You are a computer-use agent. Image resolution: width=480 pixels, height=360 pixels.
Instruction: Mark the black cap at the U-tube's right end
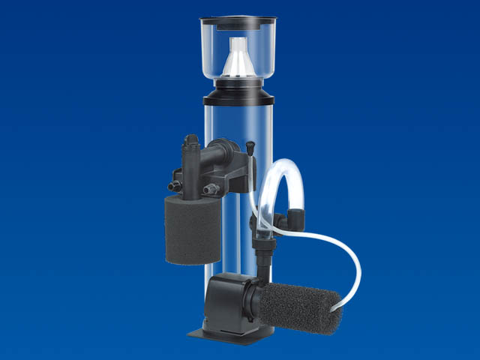pos(296,220)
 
